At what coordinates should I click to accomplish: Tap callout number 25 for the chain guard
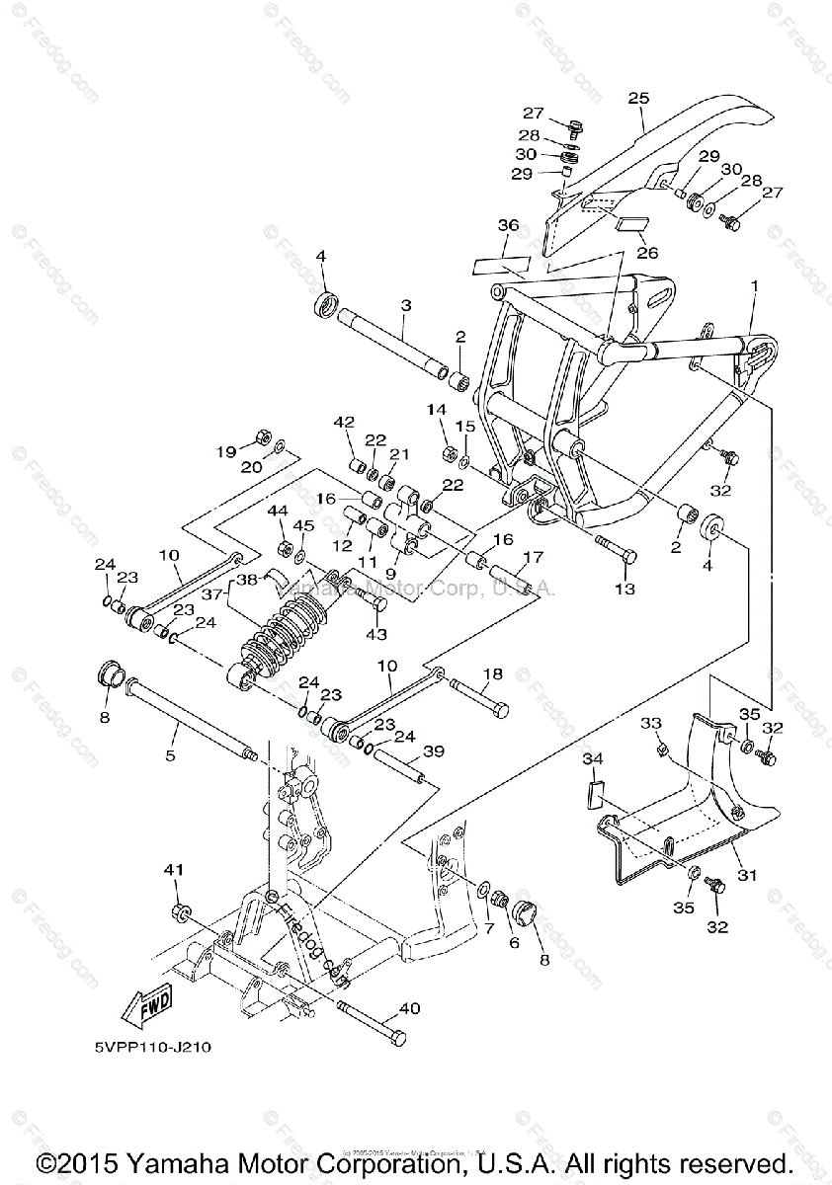click(638, 98)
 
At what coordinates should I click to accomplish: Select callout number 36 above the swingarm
click(507, 226)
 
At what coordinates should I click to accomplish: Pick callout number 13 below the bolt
click(624, 589)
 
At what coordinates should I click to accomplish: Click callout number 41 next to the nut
click(174, 870)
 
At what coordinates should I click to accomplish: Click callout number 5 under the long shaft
click(170, 755)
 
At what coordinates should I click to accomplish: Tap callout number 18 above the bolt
click(492, 673)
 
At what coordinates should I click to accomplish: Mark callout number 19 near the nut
click(226, 451)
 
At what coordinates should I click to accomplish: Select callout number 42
click(344, 422)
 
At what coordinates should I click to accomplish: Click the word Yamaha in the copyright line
click(219, 1162)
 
